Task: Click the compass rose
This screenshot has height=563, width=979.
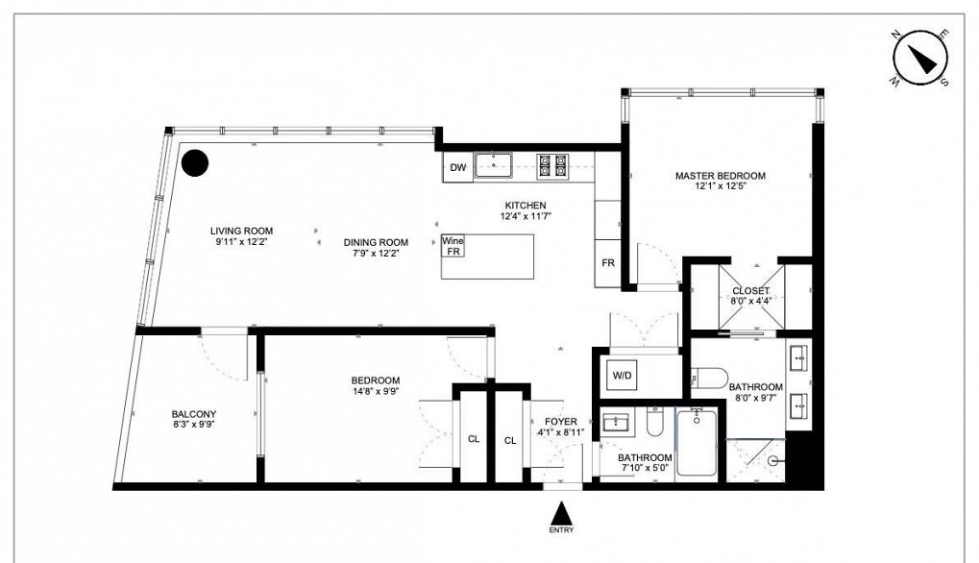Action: click(x=920, y=59)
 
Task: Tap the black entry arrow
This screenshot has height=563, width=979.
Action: click(x=562, y=514)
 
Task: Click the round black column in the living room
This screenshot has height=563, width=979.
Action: click(x=195, y=163)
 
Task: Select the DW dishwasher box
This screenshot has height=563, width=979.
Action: click(x=457, y=167)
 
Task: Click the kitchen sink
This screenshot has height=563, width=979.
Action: click(x=493, y=165)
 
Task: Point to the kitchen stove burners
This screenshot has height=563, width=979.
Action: click(x=552, y=166)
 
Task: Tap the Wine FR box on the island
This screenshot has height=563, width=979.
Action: click(x=453, y=246)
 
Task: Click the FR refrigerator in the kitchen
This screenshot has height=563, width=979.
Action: click(x=607, y=263)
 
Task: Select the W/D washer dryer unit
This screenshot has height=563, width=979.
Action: click(x=622, y=376)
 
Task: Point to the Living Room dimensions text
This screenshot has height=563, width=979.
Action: click(x=241, y=241)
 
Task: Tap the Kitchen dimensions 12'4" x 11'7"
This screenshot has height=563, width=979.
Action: click(x=526, y=216)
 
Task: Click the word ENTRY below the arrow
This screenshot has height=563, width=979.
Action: click(x=561, y=530)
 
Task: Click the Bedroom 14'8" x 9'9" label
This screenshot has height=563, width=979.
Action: click(x=376, y=385)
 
